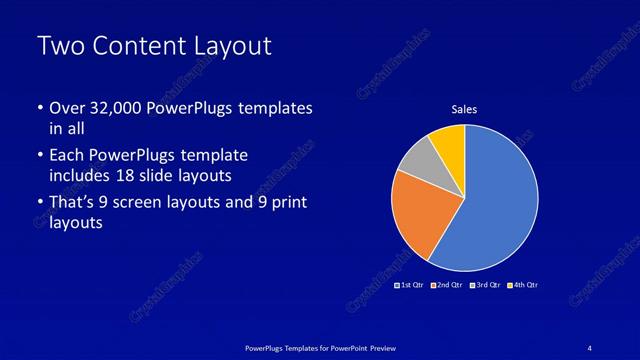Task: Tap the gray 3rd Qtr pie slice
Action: (x=418, y=160)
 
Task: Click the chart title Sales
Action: (x=464, y=109)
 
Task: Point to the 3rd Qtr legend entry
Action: (x=487, y=285)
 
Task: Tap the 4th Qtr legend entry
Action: (x=523, y=285)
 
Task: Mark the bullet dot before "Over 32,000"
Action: (x=39, y=108)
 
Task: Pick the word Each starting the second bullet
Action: (x=67, y=156)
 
